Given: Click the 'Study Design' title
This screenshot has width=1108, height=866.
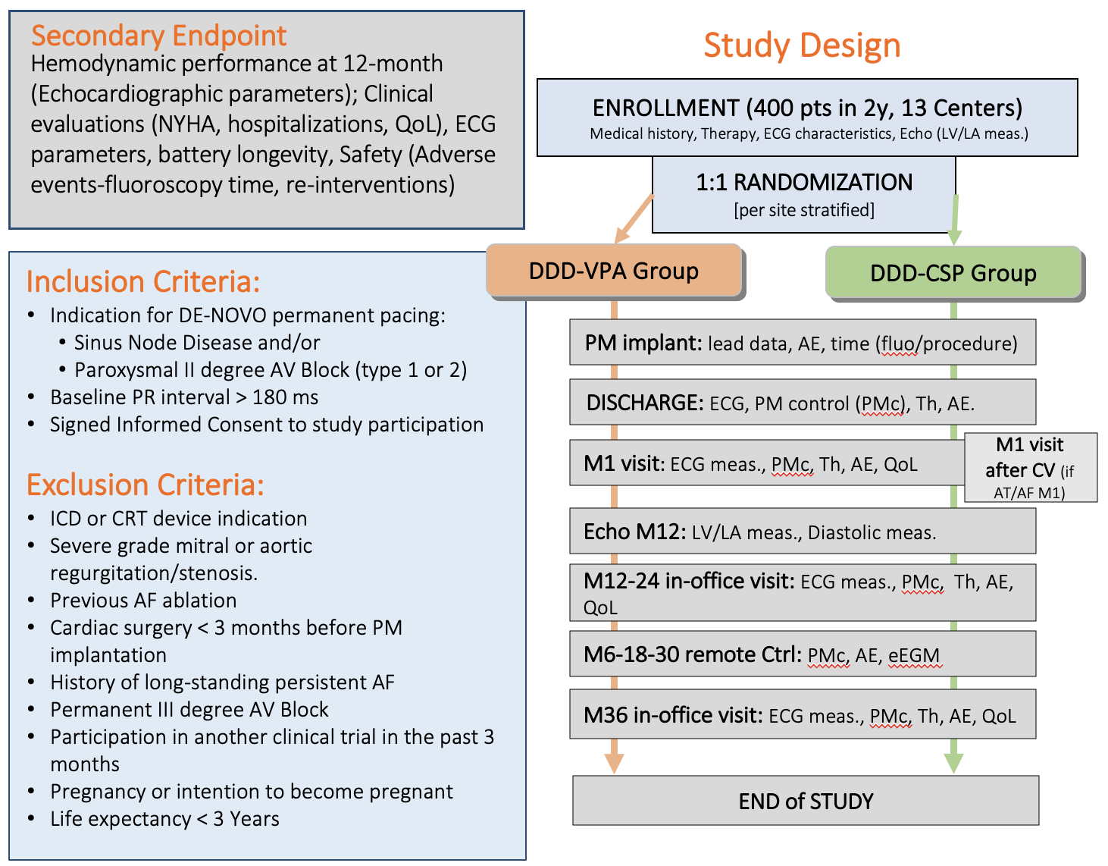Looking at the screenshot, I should (x=802, y=45).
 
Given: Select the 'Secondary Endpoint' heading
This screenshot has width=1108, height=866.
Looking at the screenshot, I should (x=158, y=36).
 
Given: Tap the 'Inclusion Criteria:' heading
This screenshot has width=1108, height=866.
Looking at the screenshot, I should (x=143, y=281).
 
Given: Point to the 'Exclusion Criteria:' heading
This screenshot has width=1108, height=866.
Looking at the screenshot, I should (x=145, y=485).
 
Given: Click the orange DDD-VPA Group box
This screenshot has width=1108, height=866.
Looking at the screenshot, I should (x=614, y=271).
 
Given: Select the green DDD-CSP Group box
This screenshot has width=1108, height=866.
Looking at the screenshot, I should (x=953, y=273).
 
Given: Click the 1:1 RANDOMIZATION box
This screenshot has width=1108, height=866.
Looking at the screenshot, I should (x=803, y=194).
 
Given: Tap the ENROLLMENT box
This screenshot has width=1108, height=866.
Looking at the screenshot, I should (x=807, y=118).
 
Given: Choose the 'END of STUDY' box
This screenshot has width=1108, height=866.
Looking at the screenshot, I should (x=806, y=801).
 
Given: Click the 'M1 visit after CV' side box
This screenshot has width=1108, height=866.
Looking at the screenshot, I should (x=1030, y=467).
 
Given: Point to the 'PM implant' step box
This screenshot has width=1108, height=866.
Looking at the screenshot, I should (x=802, y=344).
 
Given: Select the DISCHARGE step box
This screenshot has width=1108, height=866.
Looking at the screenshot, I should (x=802, y=403).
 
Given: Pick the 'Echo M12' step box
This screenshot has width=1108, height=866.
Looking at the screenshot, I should (x=802, y=532).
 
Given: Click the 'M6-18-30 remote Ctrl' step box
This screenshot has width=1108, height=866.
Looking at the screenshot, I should (x=802, y=654).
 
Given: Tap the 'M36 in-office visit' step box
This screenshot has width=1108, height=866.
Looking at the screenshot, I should (x=802, y=715).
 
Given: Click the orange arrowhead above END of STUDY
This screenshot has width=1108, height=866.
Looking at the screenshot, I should (x=615, y=762).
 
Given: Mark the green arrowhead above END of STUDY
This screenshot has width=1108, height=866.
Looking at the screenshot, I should (x=953, y=762).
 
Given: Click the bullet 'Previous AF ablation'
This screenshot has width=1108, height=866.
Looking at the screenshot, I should (x=143, y=601).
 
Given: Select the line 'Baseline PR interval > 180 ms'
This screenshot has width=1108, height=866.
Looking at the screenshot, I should (x=184, y=397).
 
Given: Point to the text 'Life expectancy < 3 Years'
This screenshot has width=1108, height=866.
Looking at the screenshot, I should (x=164, y=819).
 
